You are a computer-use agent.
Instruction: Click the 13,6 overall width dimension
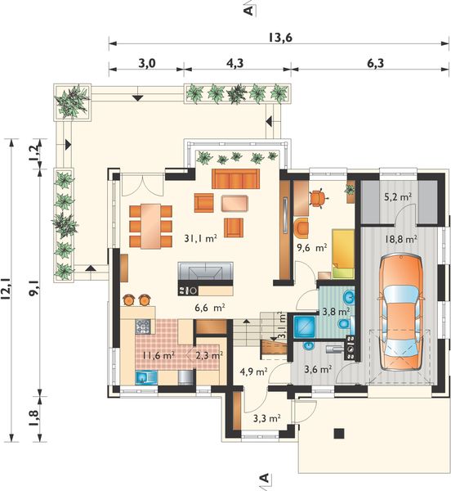tap(280, 38)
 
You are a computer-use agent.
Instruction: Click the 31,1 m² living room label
tap(201, 239)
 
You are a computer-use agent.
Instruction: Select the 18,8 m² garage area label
tap(401, 239)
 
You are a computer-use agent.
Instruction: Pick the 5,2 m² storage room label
tap(397, 197)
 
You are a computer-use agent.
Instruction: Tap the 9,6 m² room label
tap(311, 248)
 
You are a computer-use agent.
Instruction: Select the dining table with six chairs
tap(150, 226)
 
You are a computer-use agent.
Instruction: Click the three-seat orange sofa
tap(235, 178)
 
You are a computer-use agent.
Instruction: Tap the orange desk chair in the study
tap(318, 198)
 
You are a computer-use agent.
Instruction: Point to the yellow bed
tap(343, 254)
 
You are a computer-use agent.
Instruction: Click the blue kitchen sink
tap(147, 377)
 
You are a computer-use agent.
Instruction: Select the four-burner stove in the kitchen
tap(143, 326)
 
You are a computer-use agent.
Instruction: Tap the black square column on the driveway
tap(339, 433)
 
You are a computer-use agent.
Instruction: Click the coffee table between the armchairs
tap(234, 203)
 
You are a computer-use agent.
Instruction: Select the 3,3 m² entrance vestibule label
tap(266, 418)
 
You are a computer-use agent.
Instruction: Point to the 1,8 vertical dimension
tap(33, 417)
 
